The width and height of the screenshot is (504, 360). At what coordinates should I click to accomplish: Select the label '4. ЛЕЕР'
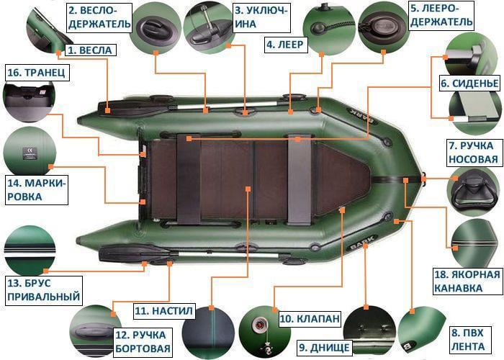click(287, 45)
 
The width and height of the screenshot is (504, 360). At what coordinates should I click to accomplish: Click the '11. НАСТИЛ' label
click(163, 311)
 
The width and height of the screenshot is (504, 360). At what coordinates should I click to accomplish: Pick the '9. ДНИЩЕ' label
click(324, 348)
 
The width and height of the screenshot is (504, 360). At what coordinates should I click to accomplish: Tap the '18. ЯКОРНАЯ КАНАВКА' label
click(466, 282)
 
